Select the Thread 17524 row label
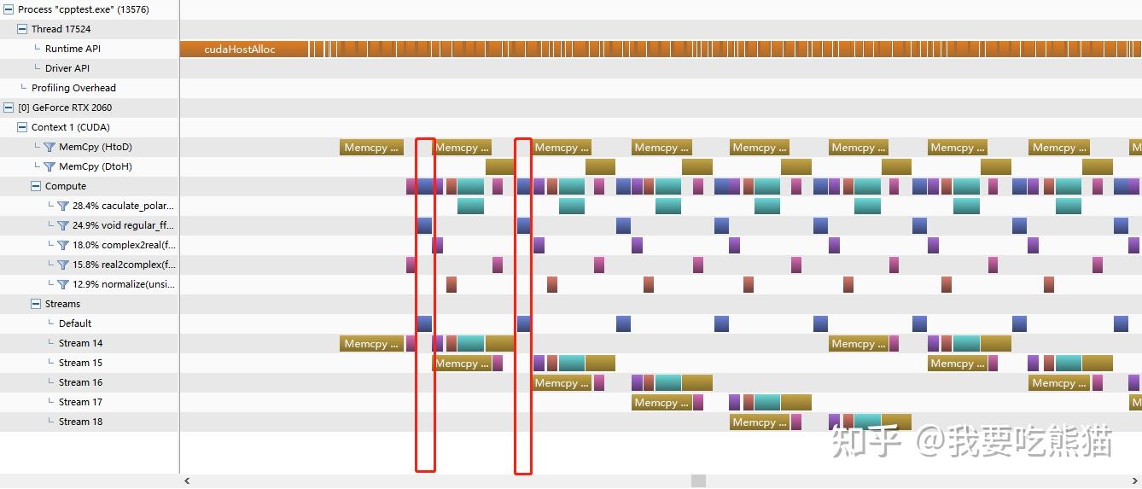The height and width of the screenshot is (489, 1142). (61, 29)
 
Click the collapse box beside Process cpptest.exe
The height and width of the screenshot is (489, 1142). (9, 9)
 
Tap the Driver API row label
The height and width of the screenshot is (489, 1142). (67, 68)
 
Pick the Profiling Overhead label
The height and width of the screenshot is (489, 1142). (73, 88)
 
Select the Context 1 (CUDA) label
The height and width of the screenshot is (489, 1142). (70, 127)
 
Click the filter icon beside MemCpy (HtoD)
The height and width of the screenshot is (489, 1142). (50, 147)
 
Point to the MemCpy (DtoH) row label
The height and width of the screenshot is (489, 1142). (96, 166)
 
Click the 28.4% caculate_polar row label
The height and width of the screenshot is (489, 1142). (123, 206)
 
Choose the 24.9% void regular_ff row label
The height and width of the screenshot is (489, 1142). (123, 225)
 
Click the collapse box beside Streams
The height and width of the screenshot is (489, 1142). (36, 304)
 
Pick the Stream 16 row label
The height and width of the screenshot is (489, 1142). (80, 382)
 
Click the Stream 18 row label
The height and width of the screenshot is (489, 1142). (80, 422)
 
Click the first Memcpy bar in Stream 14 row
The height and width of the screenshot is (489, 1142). (372, 344)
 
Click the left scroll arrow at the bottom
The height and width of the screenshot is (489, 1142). (188, 481)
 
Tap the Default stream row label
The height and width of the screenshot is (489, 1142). (75, 323)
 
